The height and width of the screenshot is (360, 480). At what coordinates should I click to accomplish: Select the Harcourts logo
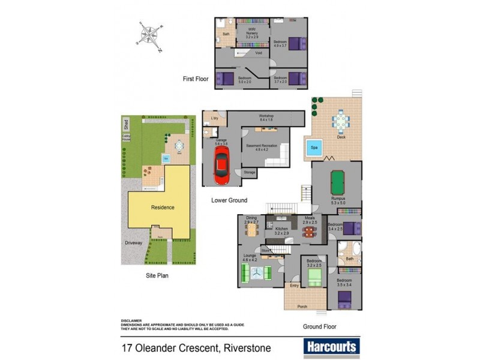click(x=332, y=346)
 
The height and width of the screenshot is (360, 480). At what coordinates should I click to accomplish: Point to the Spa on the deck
click(x=314, y=147)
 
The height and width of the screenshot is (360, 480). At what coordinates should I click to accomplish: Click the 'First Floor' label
click(x=196, y=79)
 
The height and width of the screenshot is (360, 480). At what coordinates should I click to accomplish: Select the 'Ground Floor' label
click(x=319, y=327)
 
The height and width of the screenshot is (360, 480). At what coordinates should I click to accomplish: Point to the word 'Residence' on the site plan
click(x=162, y=208)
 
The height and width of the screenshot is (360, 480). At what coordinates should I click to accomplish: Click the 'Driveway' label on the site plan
click(x=133, y=242)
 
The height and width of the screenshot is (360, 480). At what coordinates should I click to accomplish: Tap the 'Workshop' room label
click(x=266, y=116)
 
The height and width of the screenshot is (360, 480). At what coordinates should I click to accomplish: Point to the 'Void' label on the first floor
click(x=258, y=53)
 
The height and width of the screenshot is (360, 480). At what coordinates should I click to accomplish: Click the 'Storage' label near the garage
click(x=249, y=172)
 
